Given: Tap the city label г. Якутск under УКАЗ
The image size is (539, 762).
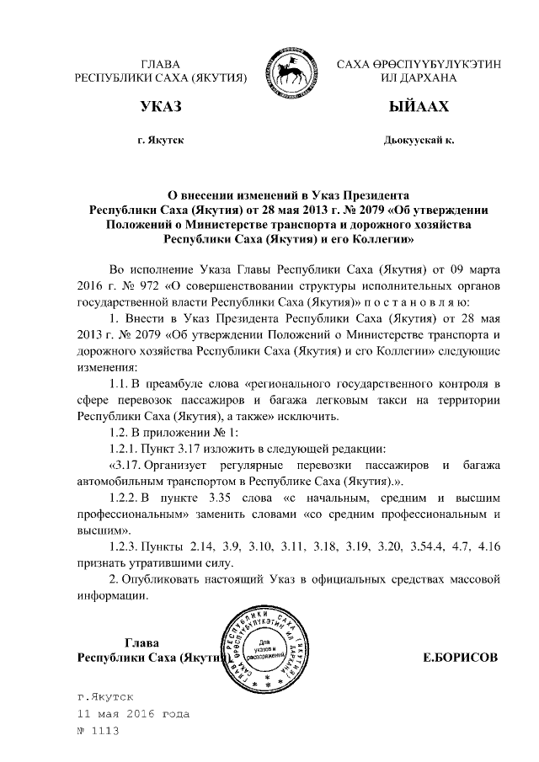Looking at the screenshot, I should click(160, 140).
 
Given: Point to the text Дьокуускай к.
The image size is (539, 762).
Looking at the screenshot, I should click(419, 140).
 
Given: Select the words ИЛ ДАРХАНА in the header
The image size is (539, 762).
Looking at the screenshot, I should click(419, 78).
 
